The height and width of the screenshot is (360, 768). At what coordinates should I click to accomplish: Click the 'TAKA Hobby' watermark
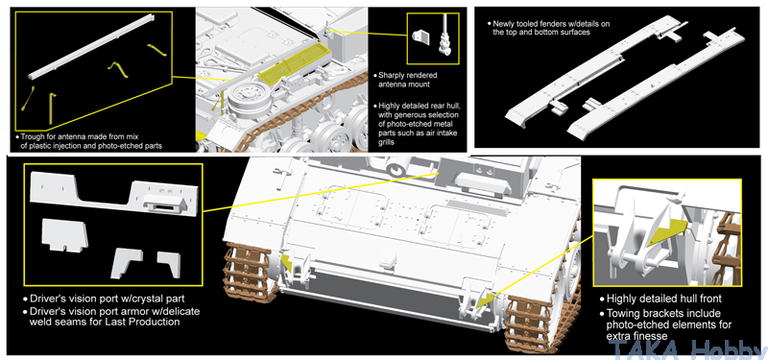coord(687,349)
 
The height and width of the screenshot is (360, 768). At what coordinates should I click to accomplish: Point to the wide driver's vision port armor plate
coord(115,194)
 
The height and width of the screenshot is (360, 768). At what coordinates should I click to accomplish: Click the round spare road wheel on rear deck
coord(248,100)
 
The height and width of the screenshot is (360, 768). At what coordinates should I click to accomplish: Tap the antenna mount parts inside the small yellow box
coord(433,37)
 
